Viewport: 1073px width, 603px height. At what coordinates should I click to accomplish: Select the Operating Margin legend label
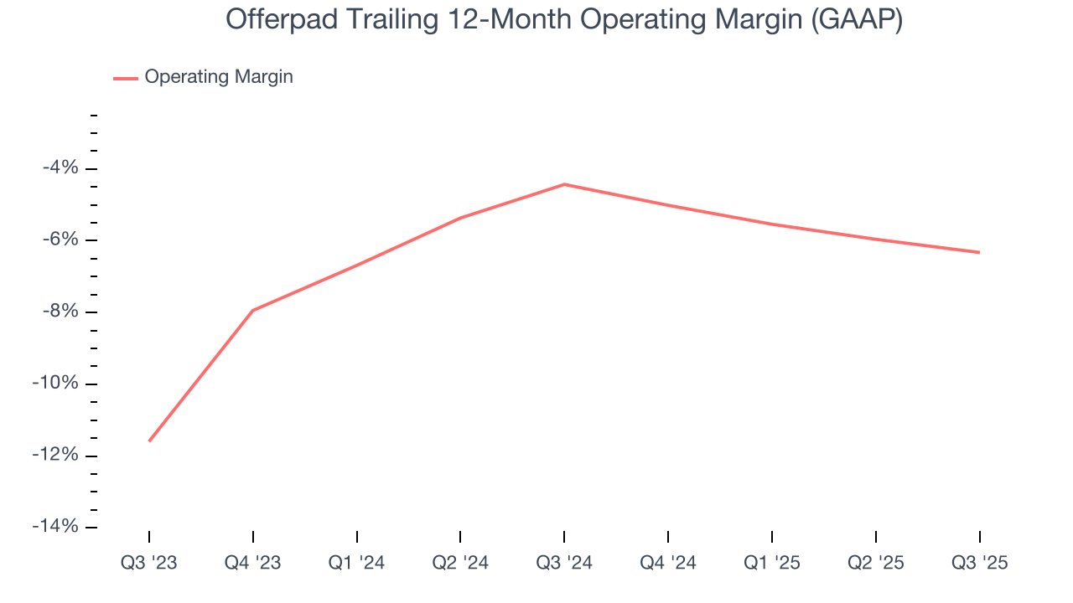point(219,77)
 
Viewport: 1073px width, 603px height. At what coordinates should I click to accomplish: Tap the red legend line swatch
point(126,78)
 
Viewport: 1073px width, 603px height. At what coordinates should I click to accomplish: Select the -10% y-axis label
point(55,384)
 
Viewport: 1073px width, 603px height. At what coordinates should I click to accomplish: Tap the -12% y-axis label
point(55,456)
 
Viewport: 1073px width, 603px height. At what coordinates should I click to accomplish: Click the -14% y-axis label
point(55,527)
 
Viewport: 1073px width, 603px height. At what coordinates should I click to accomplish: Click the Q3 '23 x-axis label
point(149,563)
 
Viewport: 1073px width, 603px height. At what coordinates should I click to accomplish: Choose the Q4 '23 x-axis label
point(253,563)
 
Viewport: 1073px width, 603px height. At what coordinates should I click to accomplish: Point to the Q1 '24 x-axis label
point(357,563)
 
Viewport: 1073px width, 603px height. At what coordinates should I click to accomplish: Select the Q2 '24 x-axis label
point(460,563)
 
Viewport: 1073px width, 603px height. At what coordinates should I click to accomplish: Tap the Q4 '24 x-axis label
point(668,563)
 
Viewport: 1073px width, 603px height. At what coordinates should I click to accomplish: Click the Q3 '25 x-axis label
point(979,563)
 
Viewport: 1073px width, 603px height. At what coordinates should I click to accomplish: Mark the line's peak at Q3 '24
point(564,184)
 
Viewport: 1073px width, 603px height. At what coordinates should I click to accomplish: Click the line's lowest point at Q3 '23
point(149,441)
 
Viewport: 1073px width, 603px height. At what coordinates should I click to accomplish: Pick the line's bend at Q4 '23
point(253,311)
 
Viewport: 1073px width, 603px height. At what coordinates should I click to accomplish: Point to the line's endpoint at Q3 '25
point(979,252)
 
